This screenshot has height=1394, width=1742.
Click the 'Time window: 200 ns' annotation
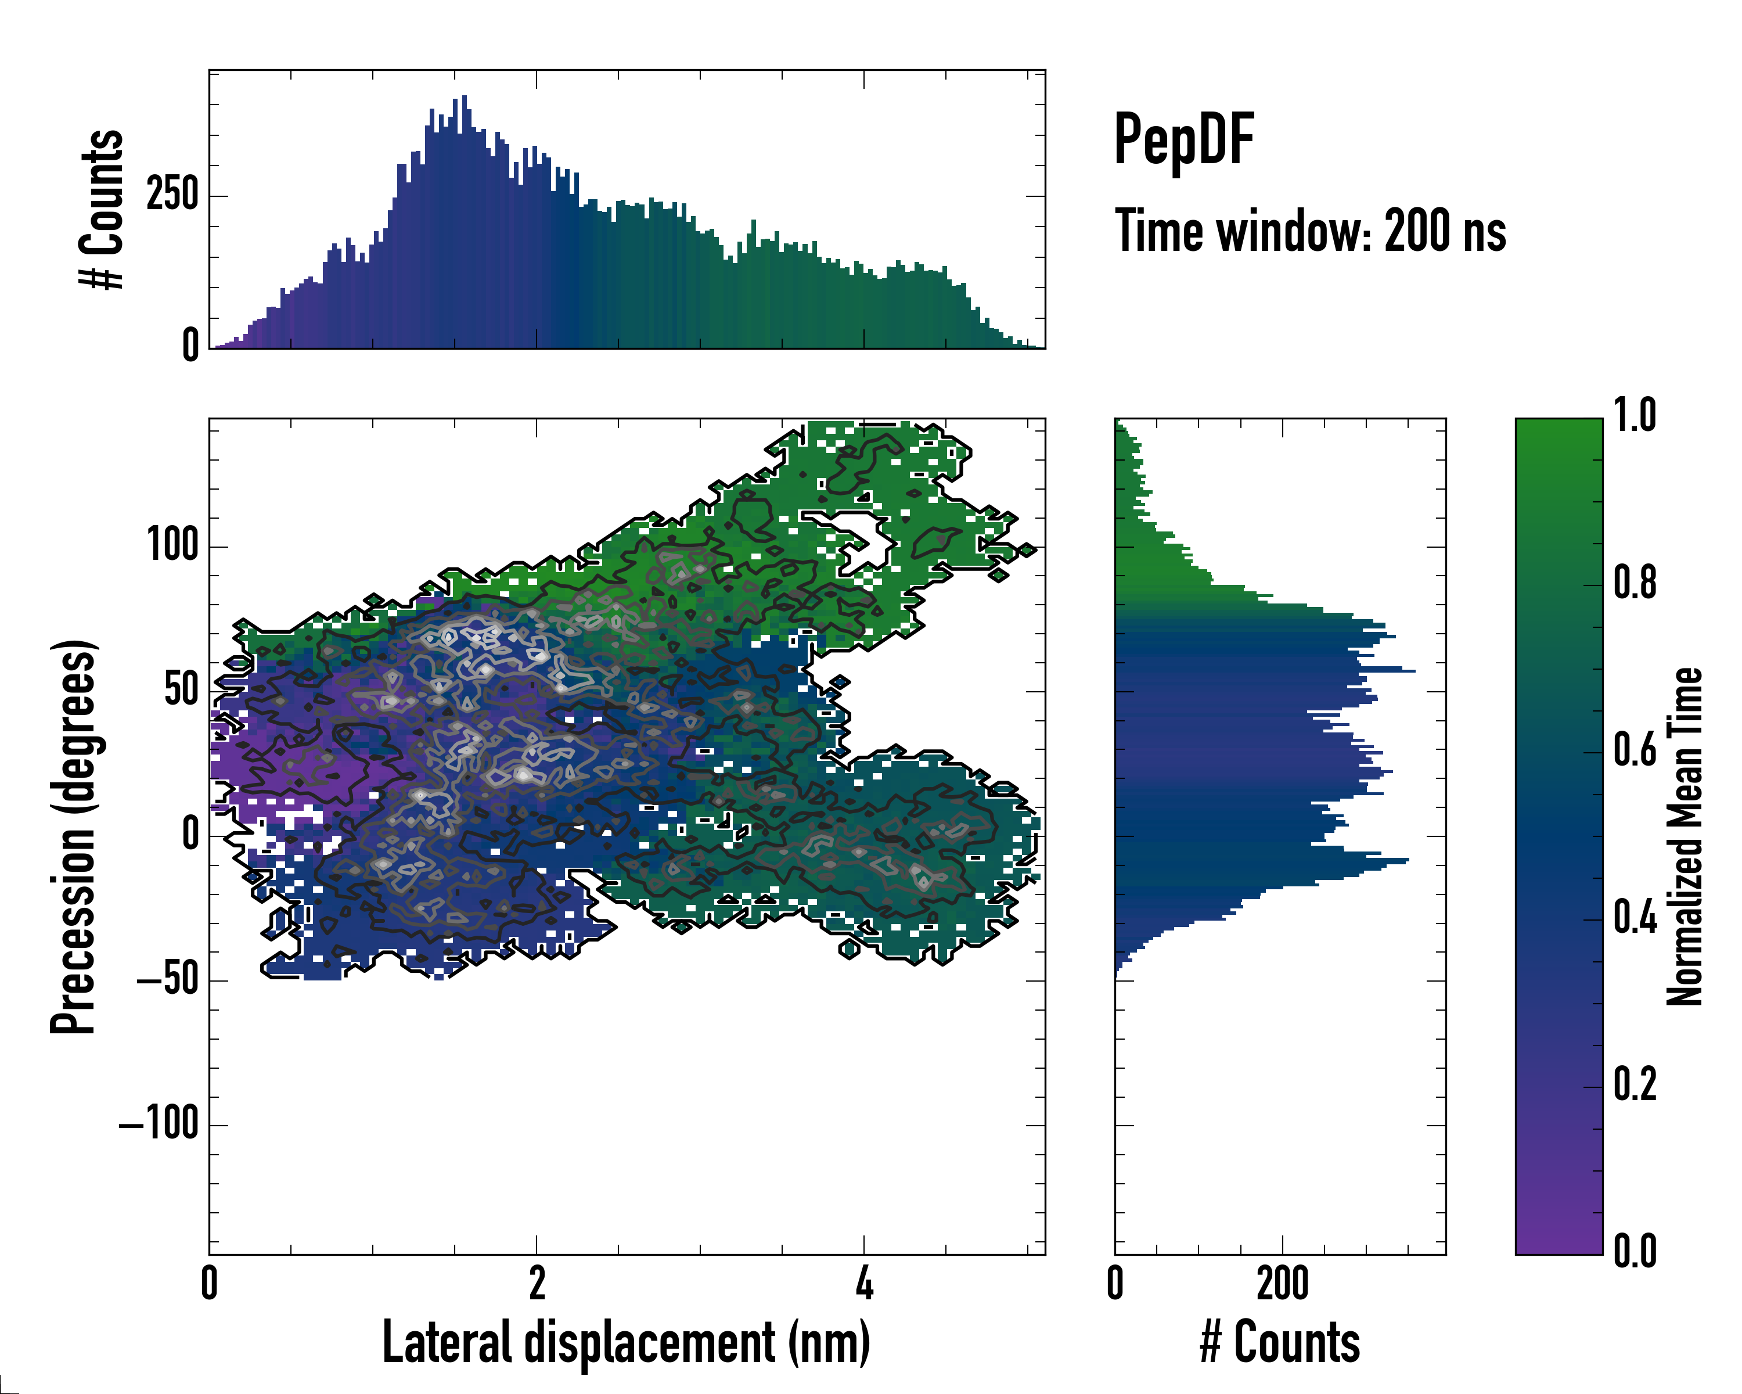pyautogui.click(x=1310, y=232)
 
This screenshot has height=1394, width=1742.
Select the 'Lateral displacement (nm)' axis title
pyautogui.click(x=626, y=1342)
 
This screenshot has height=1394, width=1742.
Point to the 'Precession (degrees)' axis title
pyautogui.click(x=74, y=836)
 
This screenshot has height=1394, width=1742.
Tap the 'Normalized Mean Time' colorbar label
pyautogui.click(x=1684, y=836)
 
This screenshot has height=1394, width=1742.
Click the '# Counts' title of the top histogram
pyautogui.click(x=102, y=209)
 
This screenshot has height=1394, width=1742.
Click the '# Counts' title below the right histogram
pyautogui.click(x=1280, y=1342)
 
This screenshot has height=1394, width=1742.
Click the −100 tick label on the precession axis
pyautogui.click(x=159, y=1123)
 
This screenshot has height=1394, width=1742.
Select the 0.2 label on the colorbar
pyautogui.click(x=1635, y=1084)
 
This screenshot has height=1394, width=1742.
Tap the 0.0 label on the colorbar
pyautogui.click(x=1635, y=1251)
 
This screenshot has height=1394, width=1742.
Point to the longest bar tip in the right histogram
pyautogui.click(x=1413, y=671)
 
